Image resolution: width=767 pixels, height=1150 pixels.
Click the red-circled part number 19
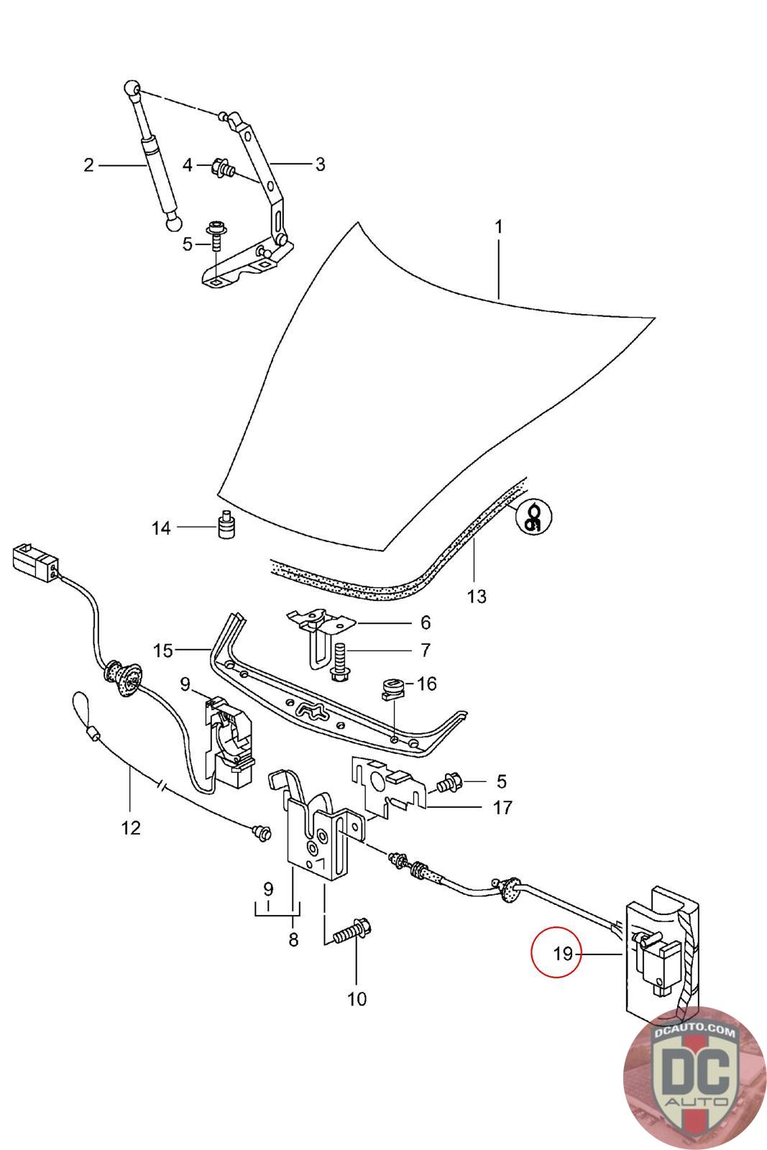(x=563, y=954)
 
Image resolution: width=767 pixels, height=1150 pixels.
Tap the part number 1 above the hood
(x=498, y=227)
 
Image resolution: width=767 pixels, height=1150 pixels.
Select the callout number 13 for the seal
(x=477, y=596)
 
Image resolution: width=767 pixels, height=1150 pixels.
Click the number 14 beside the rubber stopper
(x=161, y=528)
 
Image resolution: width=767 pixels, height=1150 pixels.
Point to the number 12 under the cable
(x=131, y=828)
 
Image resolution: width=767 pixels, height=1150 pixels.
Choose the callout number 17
(x=503, y=807)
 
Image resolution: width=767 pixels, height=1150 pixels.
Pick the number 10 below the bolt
(x=357, y=998)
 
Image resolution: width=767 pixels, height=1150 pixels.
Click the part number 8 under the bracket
(x=293, y=939)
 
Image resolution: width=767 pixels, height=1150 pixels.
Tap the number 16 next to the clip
(x=427, y=683)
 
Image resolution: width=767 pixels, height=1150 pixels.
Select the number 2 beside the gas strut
(x=88, y=165)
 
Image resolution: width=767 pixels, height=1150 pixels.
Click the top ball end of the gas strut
(x=132, y=88)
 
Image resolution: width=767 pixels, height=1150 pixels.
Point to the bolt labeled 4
(x=224, y=170)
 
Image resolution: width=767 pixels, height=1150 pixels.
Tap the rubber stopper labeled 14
(x=228, y=526)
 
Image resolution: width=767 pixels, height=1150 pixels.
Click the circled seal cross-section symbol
(x=534, y=515)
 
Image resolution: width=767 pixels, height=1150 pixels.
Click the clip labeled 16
(x=392, y=689)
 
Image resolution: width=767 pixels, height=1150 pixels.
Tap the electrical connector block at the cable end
(x=34, y=561)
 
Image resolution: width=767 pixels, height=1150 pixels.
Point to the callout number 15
(x=163, y=650)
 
